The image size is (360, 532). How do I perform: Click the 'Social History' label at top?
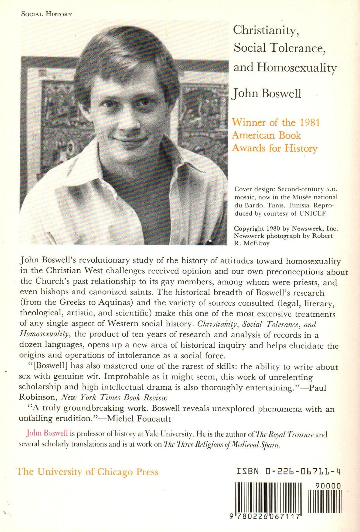coord(46,14)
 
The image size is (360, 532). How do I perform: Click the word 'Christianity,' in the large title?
coord(266,30)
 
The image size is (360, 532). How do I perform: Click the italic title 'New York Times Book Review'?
coord(114,397)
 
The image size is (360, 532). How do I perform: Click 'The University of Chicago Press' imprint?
coord(87,471)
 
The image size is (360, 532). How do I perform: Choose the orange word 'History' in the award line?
coord(301,148)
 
